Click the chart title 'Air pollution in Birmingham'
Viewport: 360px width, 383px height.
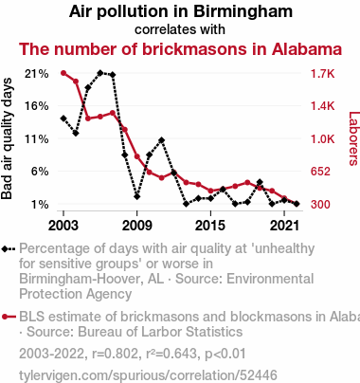(181, 11)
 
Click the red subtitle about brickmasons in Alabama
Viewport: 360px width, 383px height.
(180, 49)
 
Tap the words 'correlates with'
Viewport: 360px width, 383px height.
(180, 29)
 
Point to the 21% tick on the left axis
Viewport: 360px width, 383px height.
(37, 74)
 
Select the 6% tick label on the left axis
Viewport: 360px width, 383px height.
(40, 172)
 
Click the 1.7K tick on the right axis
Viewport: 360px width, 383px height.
(322, 74)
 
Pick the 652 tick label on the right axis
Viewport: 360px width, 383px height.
(320, 172)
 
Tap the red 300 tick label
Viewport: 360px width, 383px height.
(320, 204)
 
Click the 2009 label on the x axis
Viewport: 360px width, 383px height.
(136, 226)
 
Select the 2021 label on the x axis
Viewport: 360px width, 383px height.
(284, 226)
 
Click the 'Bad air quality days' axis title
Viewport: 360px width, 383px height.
(7, 138)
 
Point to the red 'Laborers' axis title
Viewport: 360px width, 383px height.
(353, 138)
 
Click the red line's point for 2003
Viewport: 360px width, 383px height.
(63, 73)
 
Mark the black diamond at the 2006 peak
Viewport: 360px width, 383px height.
(100, 73)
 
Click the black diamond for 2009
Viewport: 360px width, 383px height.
(137, 196)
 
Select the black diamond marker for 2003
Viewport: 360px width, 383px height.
(63, 119)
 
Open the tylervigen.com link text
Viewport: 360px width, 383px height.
(148, 375)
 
